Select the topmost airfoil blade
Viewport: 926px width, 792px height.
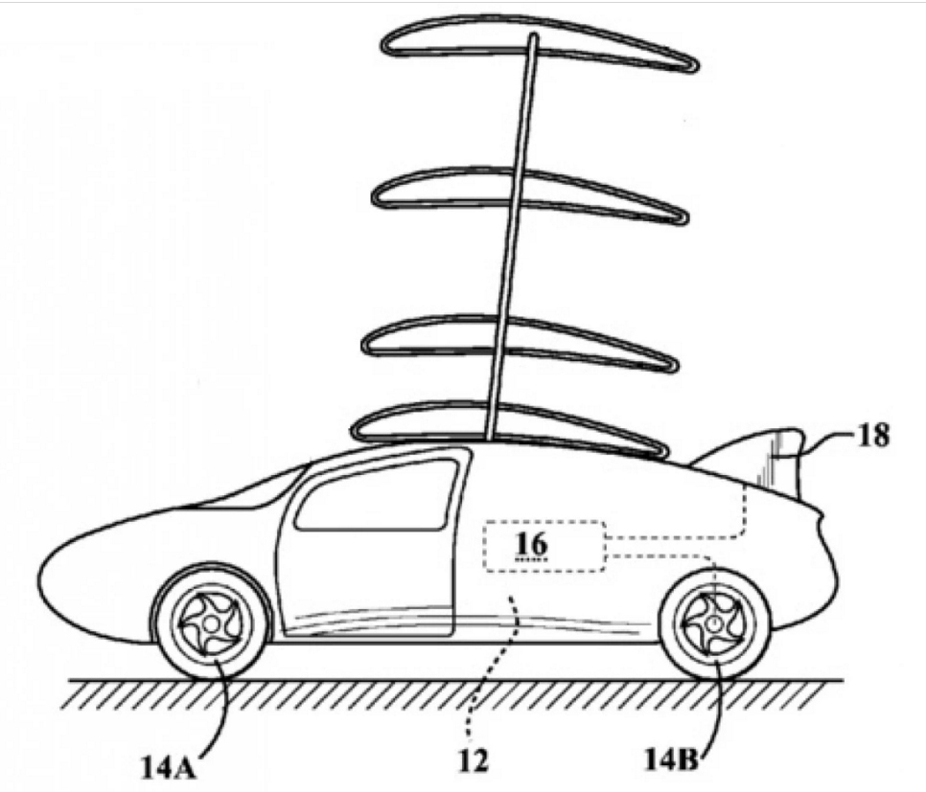537,48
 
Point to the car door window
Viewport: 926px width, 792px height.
379,496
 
